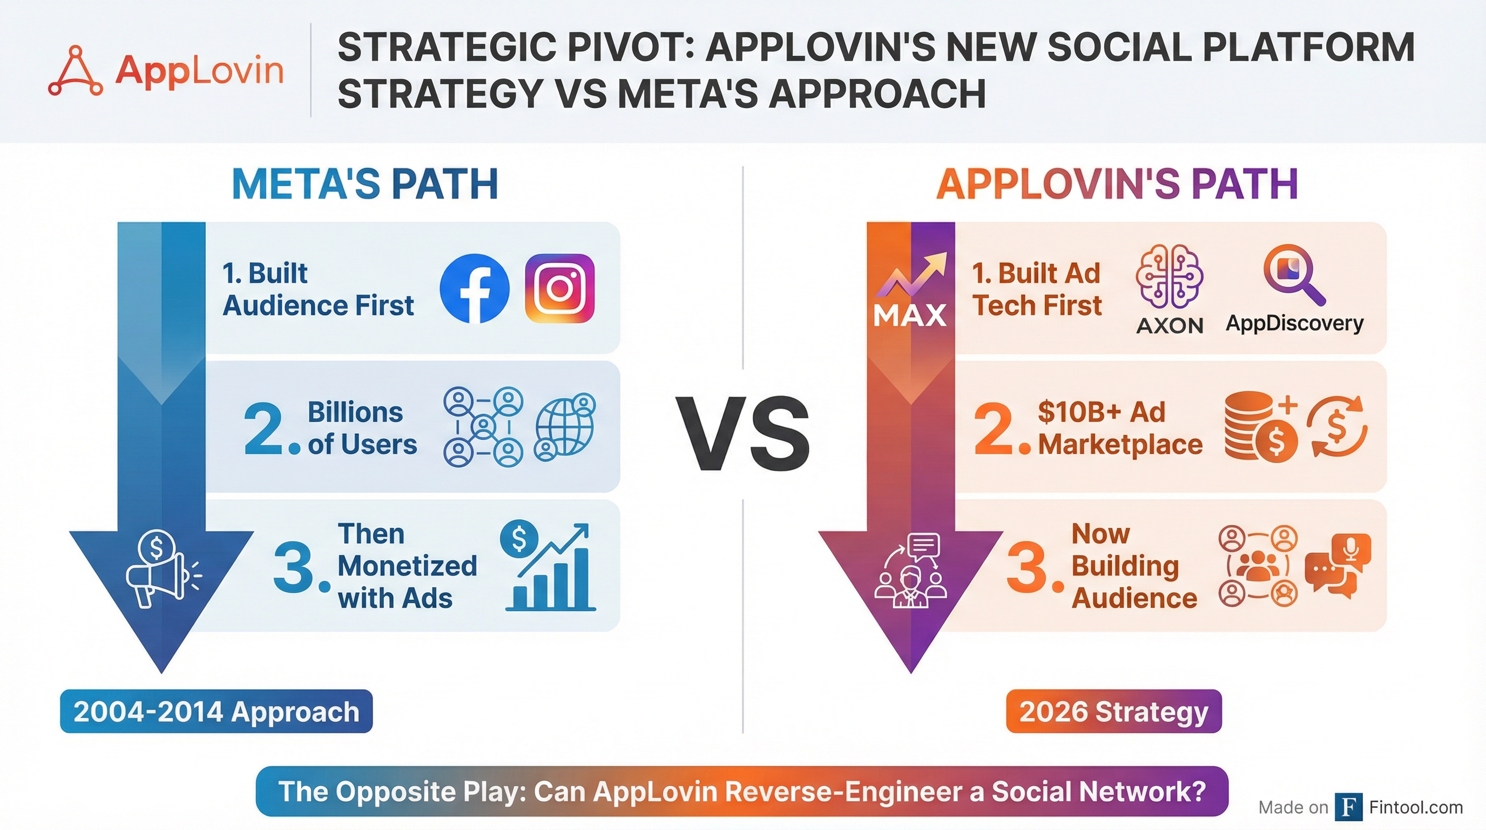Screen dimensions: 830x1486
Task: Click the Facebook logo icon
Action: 474,288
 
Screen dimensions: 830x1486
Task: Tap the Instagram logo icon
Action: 559,288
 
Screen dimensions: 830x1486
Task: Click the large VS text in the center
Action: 742,434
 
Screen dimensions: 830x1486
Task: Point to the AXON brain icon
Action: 1169,276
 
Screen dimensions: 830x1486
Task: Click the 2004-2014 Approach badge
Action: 217,711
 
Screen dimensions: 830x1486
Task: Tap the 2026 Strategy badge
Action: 1113,711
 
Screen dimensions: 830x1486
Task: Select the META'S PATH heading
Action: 364,184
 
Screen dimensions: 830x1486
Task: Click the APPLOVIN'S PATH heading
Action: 1117,184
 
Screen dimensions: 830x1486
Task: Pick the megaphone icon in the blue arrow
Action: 162,568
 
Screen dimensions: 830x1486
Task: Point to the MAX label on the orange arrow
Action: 910,315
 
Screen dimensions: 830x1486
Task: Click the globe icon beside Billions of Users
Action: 565,426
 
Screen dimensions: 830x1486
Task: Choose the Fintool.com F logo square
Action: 1349,807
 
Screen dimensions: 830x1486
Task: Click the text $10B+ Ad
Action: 1101,412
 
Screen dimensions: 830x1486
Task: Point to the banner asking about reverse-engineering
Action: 742,791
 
